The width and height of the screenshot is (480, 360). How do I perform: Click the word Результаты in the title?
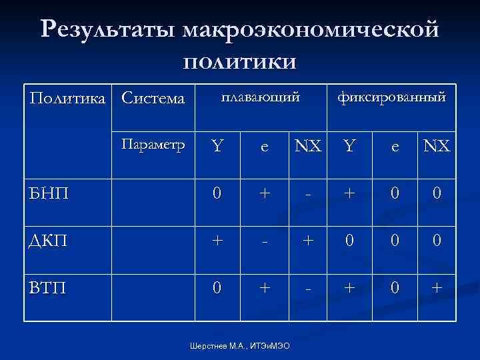pos(107,31)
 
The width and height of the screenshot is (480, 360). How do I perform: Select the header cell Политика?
pos(68,98)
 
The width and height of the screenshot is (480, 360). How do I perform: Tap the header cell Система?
pos(153,98)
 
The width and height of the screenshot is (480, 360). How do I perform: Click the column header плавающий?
pos(261,97)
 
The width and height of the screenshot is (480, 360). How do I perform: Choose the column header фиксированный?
pos(391,97)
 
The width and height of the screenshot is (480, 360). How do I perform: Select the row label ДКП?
pos(49,238)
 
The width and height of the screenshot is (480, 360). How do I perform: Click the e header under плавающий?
pos(265,146)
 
